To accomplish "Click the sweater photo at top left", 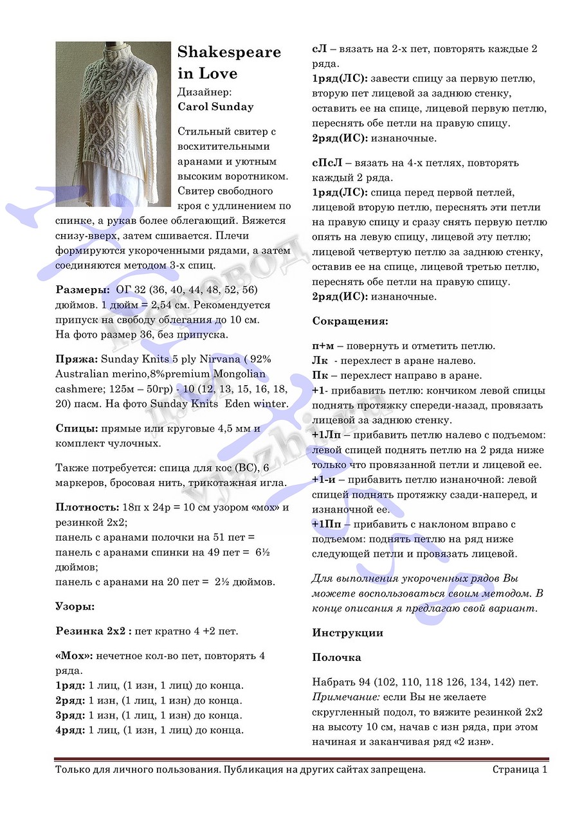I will pos(113,124).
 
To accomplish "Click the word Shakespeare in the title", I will pos(229,52).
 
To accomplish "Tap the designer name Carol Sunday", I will pos(215,107).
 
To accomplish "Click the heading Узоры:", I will pos(75,606).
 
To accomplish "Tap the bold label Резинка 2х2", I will pos(93,631).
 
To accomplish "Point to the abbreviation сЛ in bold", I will pos(319,49).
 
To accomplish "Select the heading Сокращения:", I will pos(350,321).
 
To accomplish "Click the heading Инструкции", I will pos(347,633).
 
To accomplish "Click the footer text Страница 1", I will pos(520,769).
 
